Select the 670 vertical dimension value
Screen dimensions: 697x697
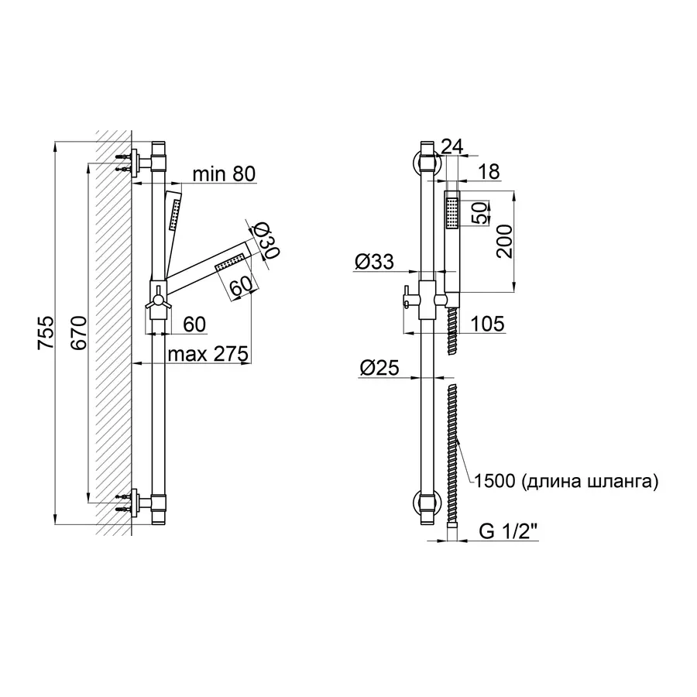pos(78,332)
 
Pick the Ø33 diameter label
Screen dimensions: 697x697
pos(374,263)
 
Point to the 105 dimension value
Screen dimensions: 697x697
pos(487,323)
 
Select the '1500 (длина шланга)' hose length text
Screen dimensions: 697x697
pos(565,482)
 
